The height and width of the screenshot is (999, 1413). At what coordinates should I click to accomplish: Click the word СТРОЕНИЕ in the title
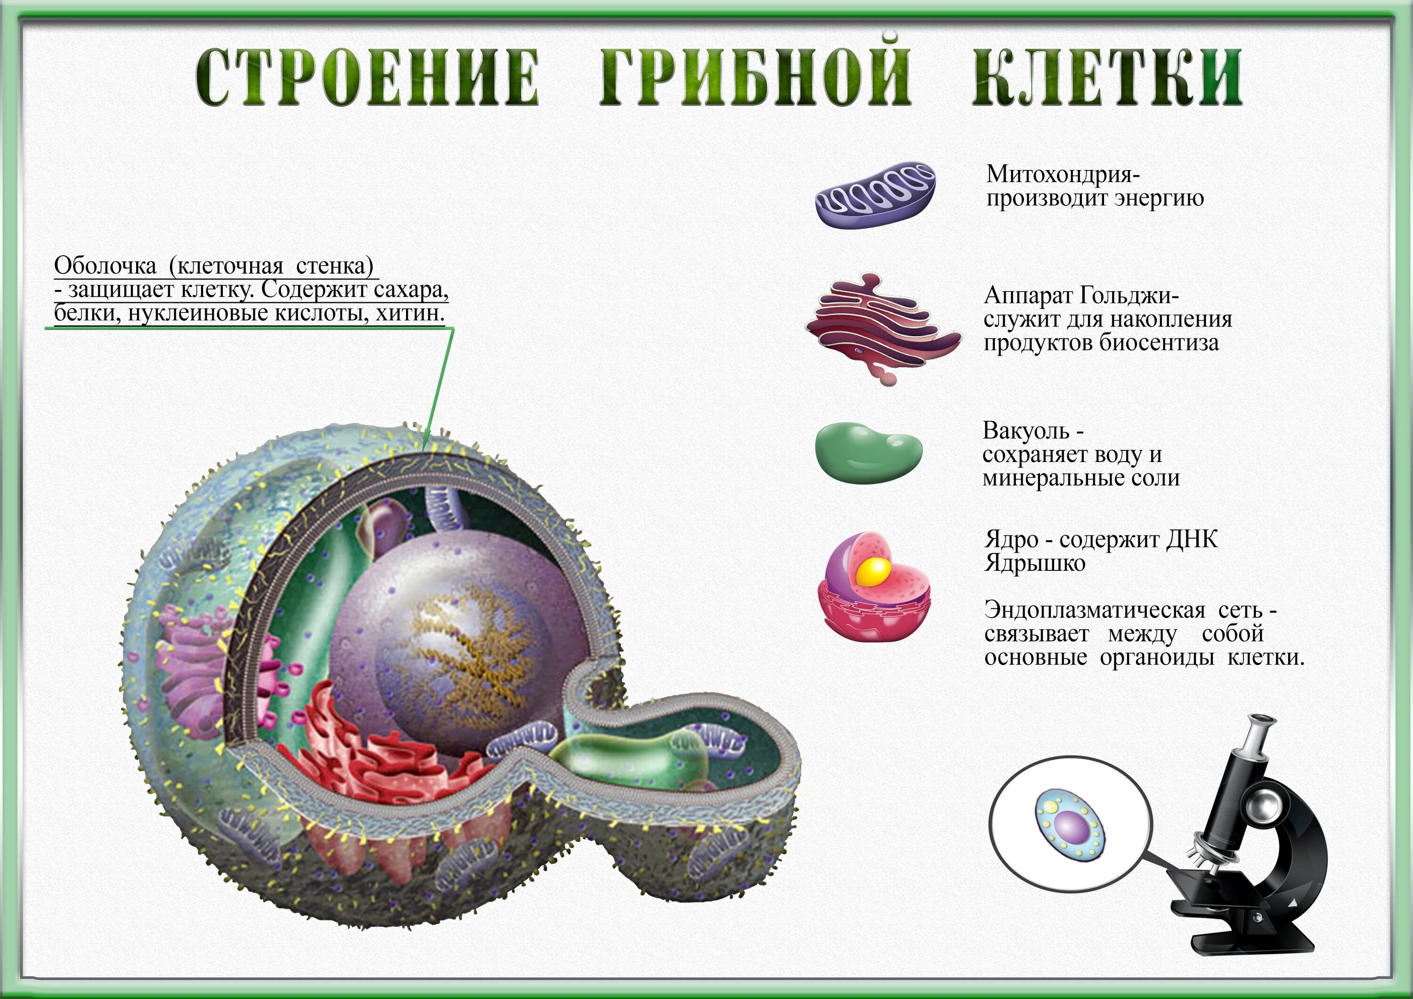tap(368, 79)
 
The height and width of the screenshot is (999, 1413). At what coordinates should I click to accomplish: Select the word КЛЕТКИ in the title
tap(1106, 79)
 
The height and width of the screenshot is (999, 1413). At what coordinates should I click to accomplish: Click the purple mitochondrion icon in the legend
tap(875, 195)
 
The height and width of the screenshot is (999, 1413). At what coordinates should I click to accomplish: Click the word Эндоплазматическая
tap(1095, 610)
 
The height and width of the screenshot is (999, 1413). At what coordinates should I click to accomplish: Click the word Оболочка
tap(105, 267)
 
